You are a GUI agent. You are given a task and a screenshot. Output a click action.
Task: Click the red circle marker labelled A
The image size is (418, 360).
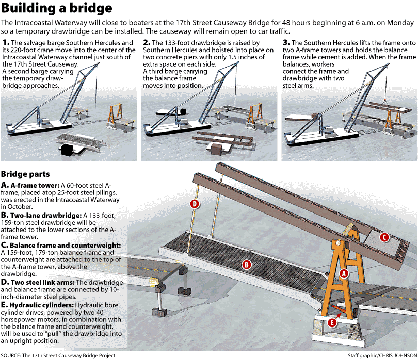pos(344,274)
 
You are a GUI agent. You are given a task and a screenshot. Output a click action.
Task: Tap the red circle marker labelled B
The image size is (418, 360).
pos(247,265)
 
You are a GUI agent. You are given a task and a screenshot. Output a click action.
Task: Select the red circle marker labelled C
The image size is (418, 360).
pos(384,237)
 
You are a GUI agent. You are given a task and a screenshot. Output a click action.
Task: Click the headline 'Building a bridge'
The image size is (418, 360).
pos(57,9)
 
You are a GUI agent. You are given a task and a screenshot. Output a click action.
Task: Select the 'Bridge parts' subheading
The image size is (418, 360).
pos(25,174)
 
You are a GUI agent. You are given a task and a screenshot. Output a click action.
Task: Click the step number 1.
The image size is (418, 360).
pos(6,42)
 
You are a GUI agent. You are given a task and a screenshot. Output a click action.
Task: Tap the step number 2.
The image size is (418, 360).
pos(147,42)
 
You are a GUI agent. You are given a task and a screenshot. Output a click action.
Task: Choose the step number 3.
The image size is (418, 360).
pos(286,42)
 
